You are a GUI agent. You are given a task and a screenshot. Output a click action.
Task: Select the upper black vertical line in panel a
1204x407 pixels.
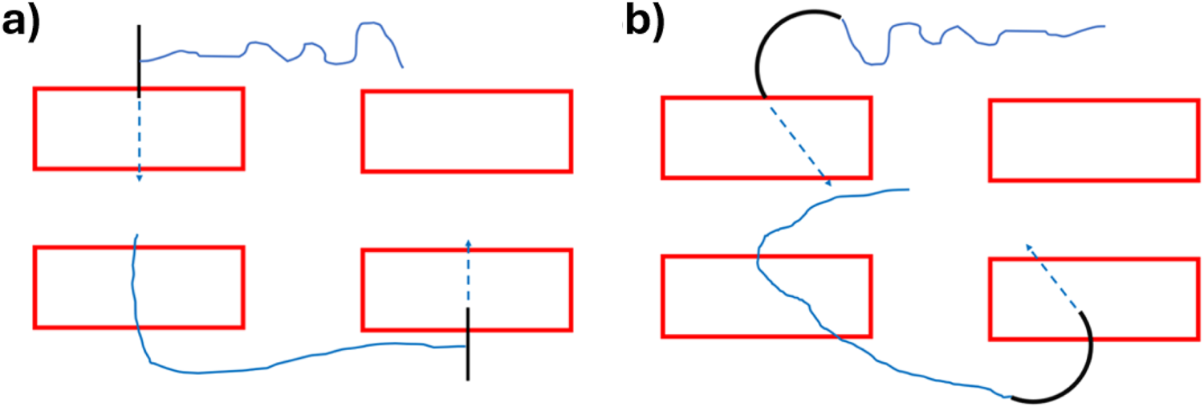140,60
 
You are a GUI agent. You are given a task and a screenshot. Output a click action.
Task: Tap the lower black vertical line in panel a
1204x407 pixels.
468,344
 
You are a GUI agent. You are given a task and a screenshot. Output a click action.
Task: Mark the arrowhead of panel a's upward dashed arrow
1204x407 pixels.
468,240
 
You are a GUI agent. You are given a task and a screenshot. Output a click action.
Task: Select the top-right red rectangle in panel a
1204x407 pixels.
466,131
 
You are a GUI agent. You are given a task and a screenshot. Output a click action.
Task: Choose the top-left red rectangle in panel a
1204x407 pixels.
138,128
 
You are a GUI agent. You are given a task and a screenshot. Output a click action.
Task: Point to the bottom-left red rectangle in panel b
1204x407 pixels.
766,296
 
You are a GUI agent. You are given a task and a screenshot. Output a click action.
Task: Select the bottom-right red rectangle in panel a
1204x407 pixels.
466,289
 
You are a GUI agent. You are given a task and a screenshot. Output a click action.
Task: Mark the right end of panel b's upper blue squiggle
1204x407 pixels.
1104,26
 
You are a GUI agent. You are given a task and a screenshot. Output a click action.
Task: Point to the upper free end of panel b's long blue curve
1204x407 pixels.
908,190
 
